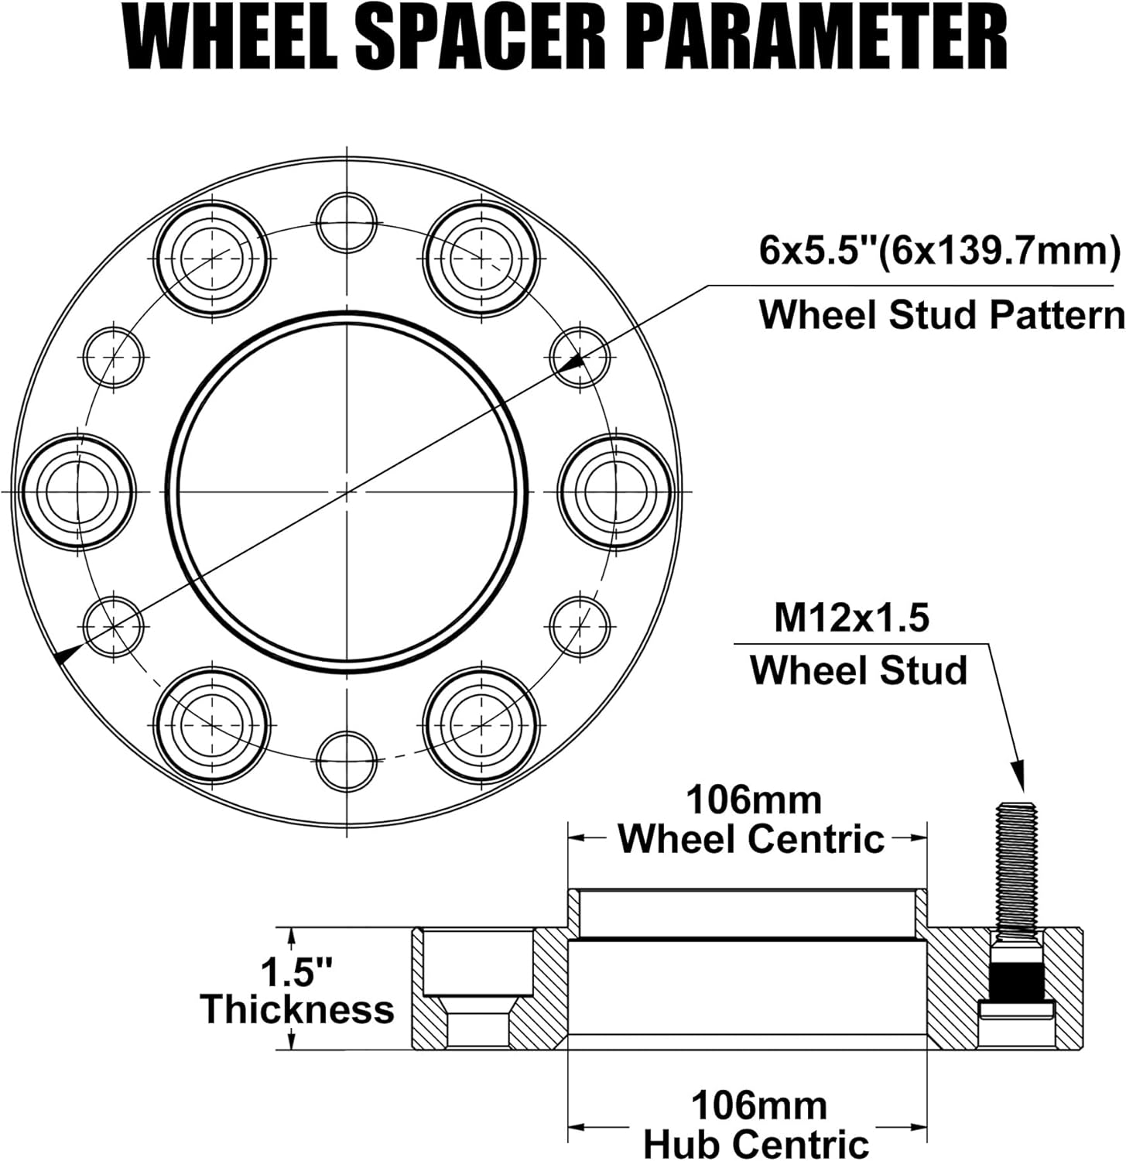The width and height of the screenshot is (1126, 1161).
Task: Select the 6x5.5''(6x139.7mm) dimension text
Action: coord(939,252)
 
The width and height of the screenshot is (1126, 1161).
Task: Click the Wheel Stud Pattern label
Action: coord(941,315)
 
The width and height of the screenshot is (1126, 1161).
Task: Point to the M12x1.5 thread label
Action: coord(851,618)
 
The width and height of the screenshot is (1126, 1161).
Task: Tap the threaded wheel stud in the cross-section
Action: coord(1017,867)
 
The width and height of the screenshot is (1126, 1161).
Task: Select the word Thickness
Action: coord(297,1010)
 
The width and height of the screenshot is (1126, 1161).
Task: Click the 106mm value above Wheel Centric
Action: coord(754,800)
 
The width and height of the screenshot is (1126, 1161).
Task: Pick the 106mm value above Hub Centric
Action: coord(758,1105)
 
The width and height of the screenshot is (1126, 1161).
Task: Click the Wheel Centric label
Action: coord(751,839)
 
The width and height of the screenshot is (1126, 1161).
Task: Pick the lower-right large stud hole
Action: coord(481,724)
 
